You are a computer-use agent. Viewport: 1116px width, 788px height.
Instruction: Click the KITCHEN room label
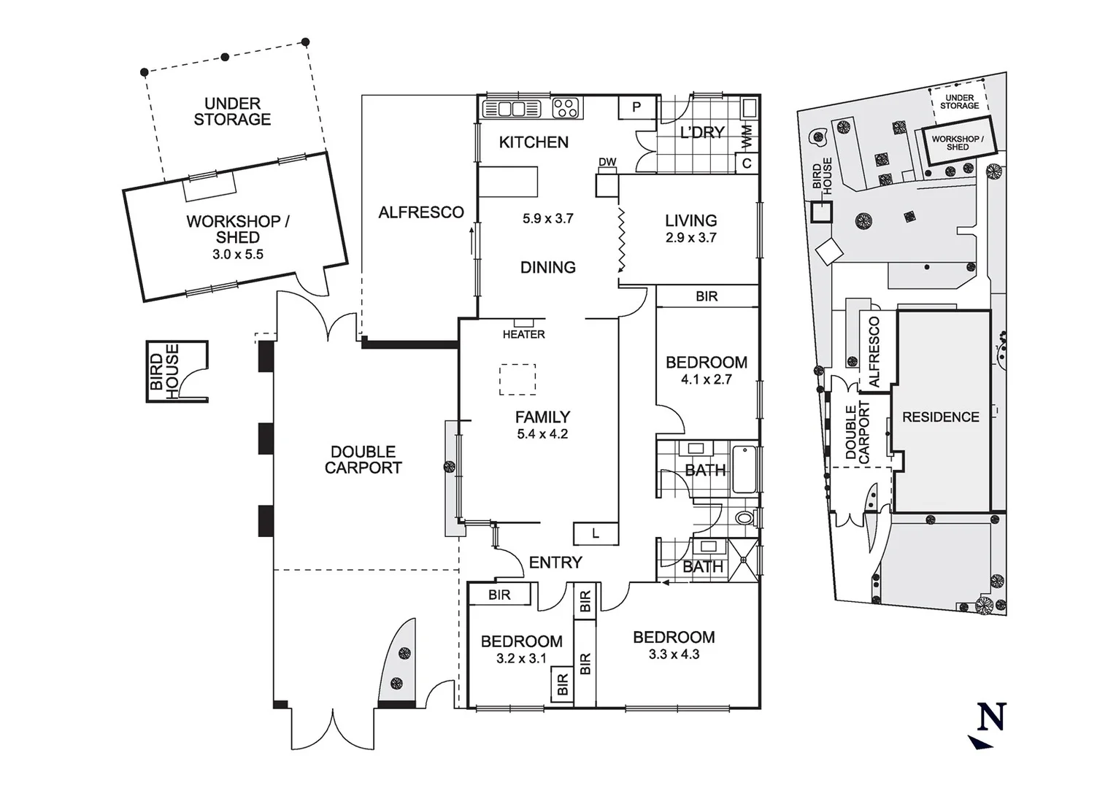(534, 142)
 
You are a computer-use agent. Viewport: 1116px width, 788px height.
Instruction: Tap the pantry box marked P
(636, 108)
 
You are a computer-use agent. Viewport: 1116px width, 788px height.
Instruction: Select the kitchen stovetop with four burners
(566, 108)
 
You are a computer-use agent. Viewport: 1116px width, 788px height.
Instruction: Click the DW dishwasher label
(607, 162)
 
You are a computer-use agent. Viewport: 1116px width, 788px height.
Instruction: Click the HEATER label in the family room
(523, 334)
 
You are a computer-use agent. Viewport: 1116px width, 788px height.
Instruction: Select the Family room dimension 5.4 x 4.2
(542, 434)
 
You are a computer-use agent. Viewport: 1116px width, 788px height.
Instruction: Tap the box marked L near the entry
(596, 534)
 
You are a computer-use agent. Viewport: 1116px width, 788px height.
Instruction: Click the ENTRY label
(555, 563)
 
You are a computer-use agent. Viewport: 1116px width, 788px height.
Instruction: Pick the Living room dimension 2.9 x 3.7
(690, 238)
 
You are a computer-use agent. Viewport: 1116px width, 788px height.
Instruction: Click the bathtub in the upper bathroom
(744, 468)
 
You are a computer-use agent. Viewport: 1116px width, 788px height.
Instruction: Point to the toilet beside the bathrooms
(744, 519)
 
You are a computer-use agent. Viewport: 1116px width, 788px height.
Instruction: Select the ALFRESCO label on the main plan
(421, 212)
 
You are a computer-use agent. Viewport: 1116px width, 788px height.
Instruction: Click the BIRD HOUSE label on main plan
(164, 372)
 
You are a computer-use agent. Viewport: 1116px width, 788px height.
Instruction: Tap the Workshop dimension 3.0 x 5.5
(237, 255)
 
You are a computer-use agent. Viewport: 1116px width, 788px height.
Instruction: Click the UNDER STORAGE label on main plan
(232, 112)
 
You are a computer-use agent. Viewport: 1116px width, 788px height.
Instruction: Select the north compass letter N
(992, 716)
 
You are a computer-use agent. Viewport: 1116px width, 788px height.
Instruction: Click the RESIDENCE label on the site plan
(941, 417)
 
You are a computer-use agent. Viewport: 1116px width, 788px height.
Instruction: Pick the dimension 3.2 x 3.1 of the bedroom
(521, 659)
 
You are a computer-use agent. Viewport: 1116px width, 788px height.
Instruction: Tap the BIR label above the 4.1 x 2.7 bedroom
(707, 296)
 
